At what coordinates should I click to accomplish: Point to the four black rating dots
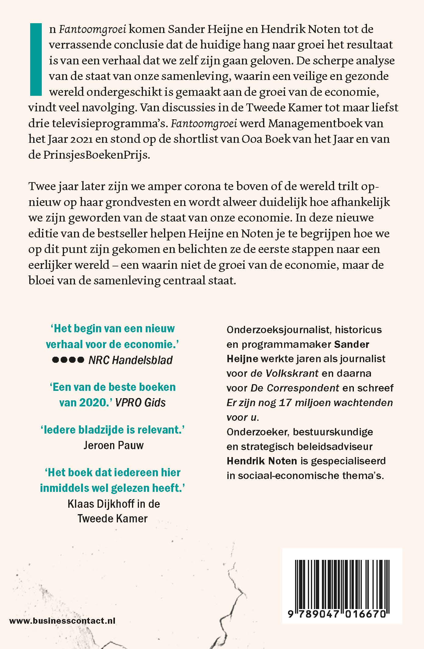pos(68,360)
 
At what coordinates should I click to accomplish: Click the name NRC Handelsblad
pos(130,360)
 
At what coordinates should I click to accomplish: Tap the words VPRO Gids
pos(141,403)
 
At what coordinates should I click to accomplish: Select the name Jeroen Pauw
pos(113,445)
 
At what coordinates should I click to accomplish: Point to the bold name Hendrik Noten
pos(262,461)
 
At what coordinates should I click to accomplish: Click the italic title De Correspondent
pos(295,388)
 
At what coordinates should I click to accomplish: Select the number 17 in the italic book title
pos(285,402)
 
